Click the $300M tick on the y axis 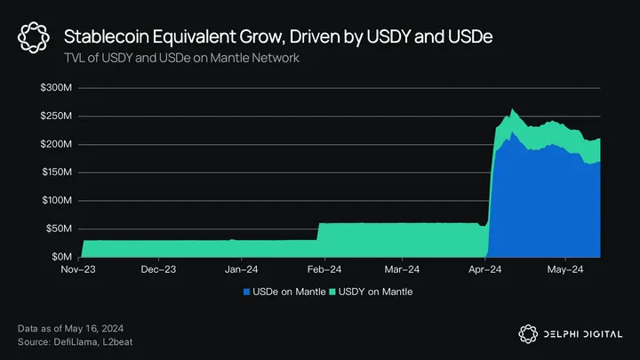click(x=56, y=89)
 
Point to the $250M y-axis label click(x=56, y=116)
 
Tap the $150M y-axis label click(x=56, y=172)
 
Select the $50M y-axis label click(x=59, y=228)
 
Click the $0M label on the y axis click(x=62, y=256)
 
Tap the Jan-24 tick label click(x=242, y=268)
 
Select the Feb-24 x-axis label click(x=324, y=268)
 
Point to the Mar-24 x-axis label click(x=403, y=268)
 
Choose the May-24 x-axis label click(x=564, y=268)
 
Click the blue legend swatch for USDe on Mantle click(x=246, y=291)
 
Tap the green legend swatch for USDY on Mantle click(x=334, y=291)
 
